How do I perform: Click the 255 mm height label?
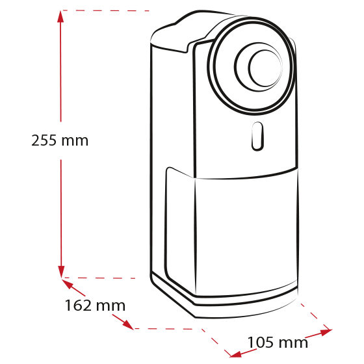click(60, 140)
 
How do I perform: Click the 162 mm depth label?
click(95, 305)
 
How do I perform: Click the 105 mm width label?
click(278, 343)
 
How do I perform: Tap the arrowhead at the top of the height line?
click(60, 16)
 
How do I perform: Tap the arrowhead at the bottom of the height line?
click(61, 272)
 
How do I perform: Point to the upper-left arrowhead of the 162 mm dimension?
click(68, 283)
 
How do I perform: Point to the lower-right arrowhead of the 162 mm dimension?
click(128, 324)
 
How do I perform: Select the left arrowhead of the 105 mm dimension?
click(235, 354)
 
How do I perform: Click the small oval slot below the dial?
click(257, 136)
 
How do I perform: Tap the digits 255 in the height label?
click(44, 140)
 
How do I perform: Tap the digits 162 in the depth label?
click(78, 305)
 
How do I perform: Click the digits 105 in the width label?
click(261, 343)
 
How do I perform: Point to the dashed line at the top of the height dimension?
click(105, 10)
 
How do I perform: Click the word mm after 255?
click(75, 142)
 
